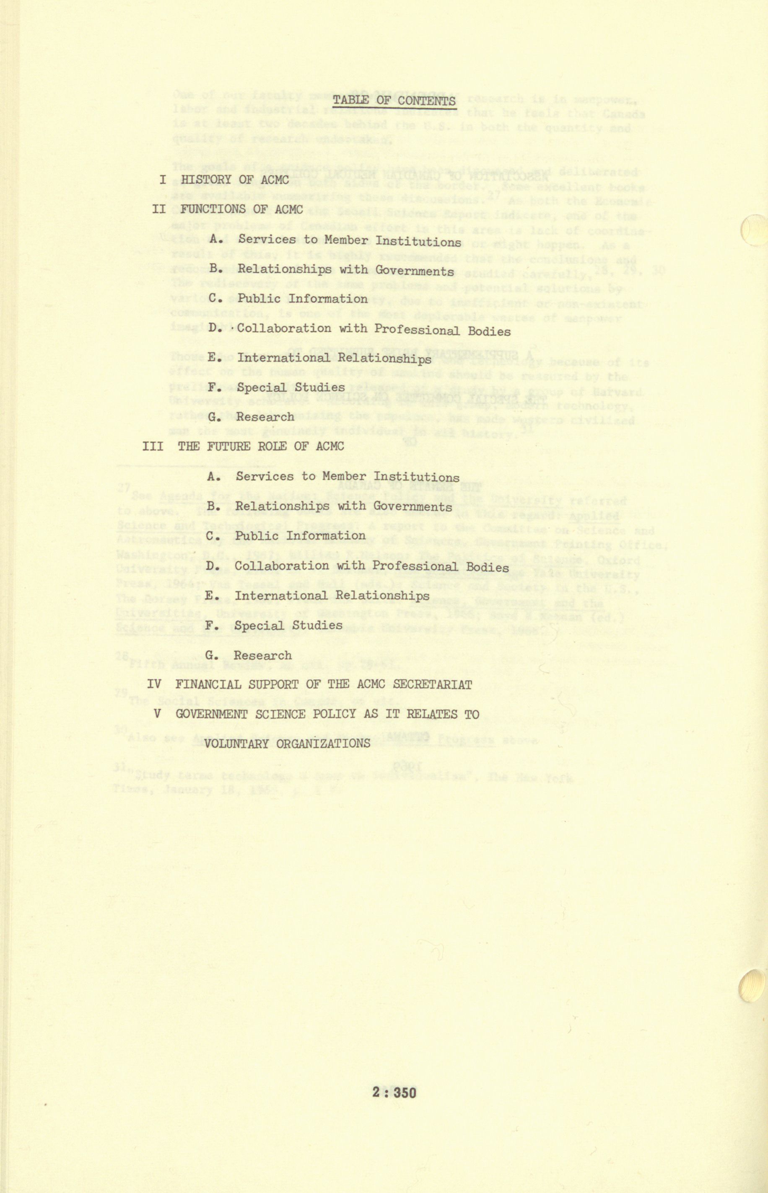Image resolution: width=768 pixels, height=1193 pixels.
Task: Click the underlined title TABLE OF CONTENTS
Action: (394, 101)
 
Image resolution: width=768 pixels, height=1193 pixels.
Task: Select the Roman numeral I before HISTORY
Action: (163, 179)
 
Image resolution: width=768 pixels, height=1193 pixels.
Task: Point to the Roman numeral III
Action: (153, 446)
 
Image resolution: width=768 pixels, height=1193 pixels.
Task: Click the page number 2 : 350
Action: (394, 1074)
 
